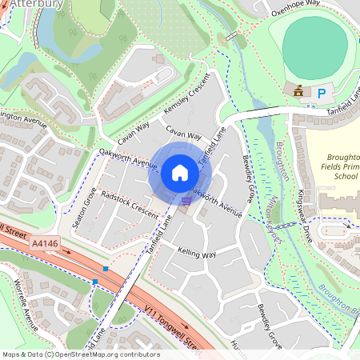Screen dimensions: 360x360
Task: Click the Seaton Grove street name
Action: (x=85, y=207)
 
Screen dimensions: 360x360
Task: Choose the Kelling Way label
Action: (x=197, y=252)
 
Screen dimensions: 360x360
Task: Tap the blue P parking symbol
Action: (x=322, y=94)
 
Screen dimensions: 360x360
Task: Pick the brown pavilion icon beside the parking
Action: (x=299, y=92)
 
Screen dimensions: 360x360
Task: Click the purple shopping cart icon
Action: (x=187, y=201)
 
